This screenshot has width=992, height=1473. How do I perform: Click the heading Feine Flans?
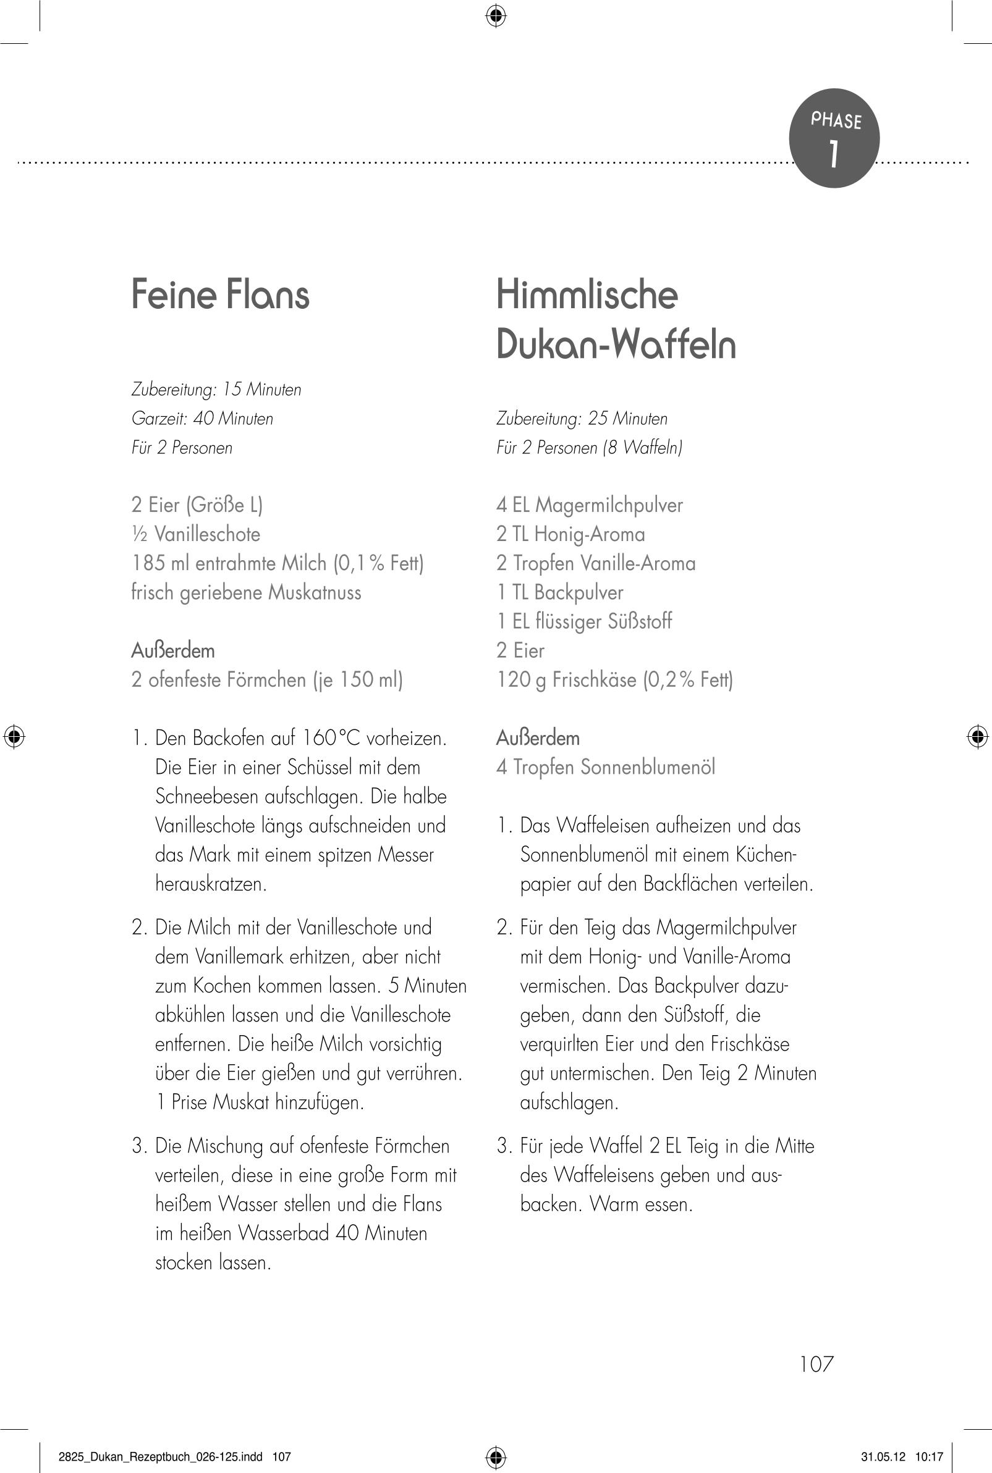[x=220, y=295]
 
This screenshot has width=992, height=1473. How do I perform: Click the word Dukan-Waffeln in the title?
[x=616, y=345]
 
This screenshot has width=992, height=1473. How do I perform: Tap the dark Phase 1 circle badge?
[x=834, y=138]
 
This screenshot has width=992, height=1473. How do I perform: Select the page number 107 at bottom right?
[x=816, y=1364]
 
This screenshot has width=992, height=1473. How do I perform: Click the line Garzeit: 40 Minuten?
[x=202, y=419]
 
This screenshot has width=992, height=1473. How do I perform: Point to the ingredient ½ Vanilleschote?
[x=195, y=534]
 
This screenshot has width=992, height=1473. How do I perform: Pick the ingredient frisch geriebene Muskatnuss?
[x=246, y=592]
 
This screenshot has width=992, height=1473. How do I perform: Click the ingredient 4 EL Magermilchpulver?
[x=589, y=505]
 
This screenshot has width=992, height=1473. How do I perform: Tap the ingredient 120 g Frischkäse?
[x=614, y=679]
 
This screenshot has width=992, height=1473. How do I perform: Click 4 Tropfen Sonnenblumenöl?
[x=605, y=767]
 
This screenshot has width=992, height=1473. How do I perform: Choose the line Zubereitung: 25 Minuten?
[x=582, y=419]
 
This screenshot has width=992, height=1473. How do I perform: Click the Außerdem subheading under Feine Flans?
[x=172, y=650]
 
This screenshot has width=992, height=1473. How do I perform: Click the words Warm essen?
[x=641, y=1204]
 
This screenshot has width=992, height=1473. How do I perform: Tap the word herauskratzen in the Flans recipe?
[x=211, y=883]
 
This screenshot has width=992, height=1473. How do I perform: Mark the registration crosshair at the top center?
[x=496, y=15]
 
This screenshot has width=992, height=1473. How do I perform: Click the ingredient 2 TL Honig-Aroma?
[x=570, y=534]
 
